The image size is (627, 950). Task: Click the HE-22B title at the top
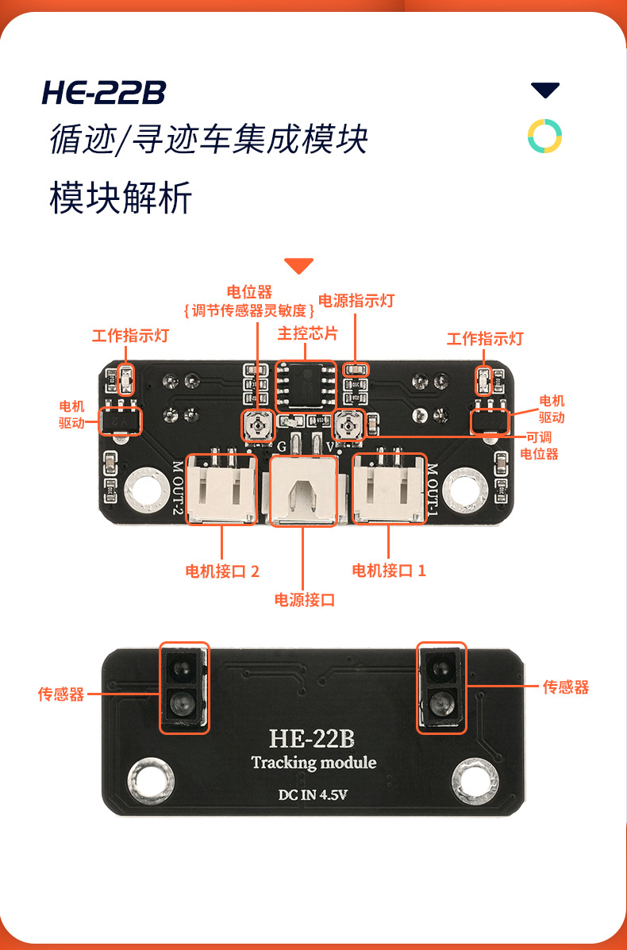[104, 93]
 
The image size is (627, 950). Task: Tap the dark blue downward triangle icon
[545, 90]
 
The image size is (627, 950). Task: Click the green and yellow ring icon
[545, 137]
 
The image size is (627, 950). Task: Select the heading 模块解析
[121, 198]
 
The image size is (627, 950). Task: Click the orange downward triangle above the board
[299, 266]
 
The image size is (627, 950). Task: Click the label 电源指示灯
[356, 301]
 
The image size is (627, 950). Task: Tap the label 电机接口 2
[222, 571]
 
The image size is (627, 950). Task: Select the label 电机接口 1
[389, 571]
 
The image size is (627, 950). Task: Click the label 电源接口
[305, 600]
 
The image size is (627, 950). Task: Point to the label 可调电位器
[539, 446]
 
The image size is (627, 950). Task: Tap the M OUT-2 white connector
[222, 490]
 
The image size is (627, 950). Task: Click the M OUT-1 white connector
[389, 490]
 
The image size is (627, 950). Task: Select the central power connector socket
[306, 492]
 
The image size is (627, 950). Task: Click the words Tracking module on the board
[313, 763]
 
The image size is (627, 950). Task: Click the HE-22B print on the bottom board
[312, 739]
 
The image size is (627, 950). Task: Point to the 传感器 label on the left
[61, 694]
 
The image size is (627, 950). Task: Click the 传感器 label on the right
[566, 687]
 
